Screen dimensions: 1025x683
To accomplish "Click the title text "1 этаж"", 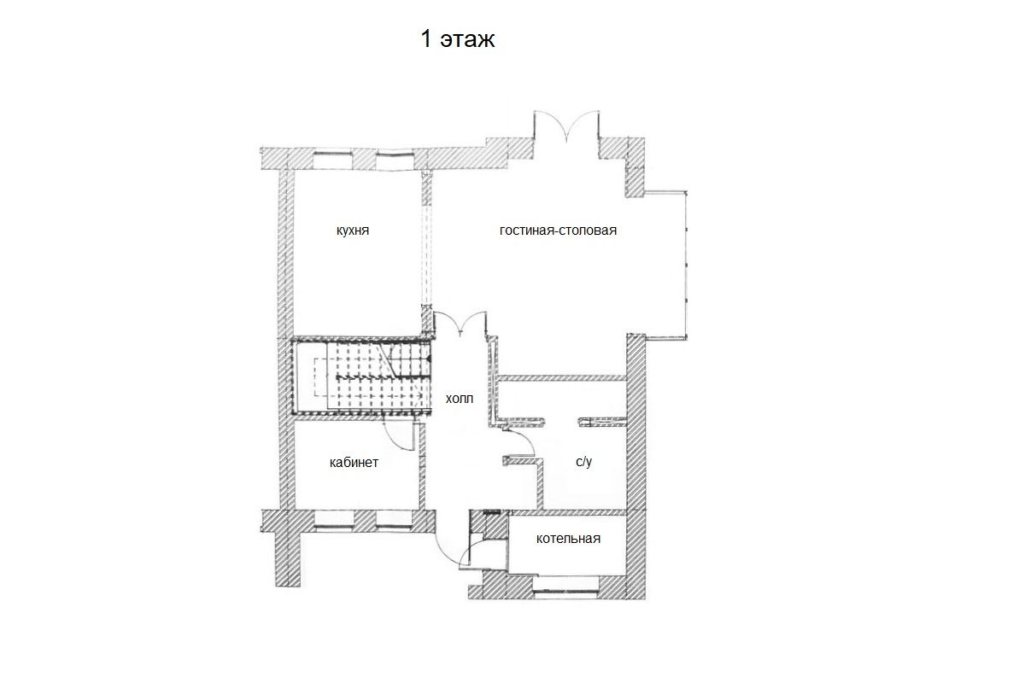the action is pyautogui.click(x=458, y=39).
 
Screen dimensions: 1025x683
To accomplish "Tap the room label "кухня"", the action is pyautogui.click(x=352, y=231).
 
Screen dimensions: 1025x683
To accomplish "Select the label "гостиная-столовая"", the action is pyautogui.click(x=558, y=231).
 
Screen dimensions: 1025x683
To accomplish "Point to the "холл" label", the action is pyautogui.click(x=460, y=399).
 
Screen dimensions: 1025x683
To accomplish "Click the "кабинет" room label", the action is pyautogui.click(x=354, y=463).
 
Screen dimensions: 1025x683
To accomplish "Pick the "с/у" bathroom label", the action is pyautogui.click(x=584, y=462).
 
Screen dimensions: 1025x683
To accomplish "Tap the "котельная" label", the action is pyautogui.click(x=568, y=539).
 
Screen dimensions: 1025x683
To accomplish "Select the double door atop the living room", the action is pyautogui.click(x=566, y=126).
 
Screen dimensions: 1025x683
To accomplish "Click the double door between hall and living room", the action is pyautogui.click(x=460, y=323).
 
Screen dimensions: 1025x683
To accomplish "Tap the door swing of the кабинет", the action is pyautogui.click(x=398, y=435).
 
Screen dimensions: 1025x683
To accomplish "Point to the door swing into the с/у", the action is pyautogui.click(x=519, y=442).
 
